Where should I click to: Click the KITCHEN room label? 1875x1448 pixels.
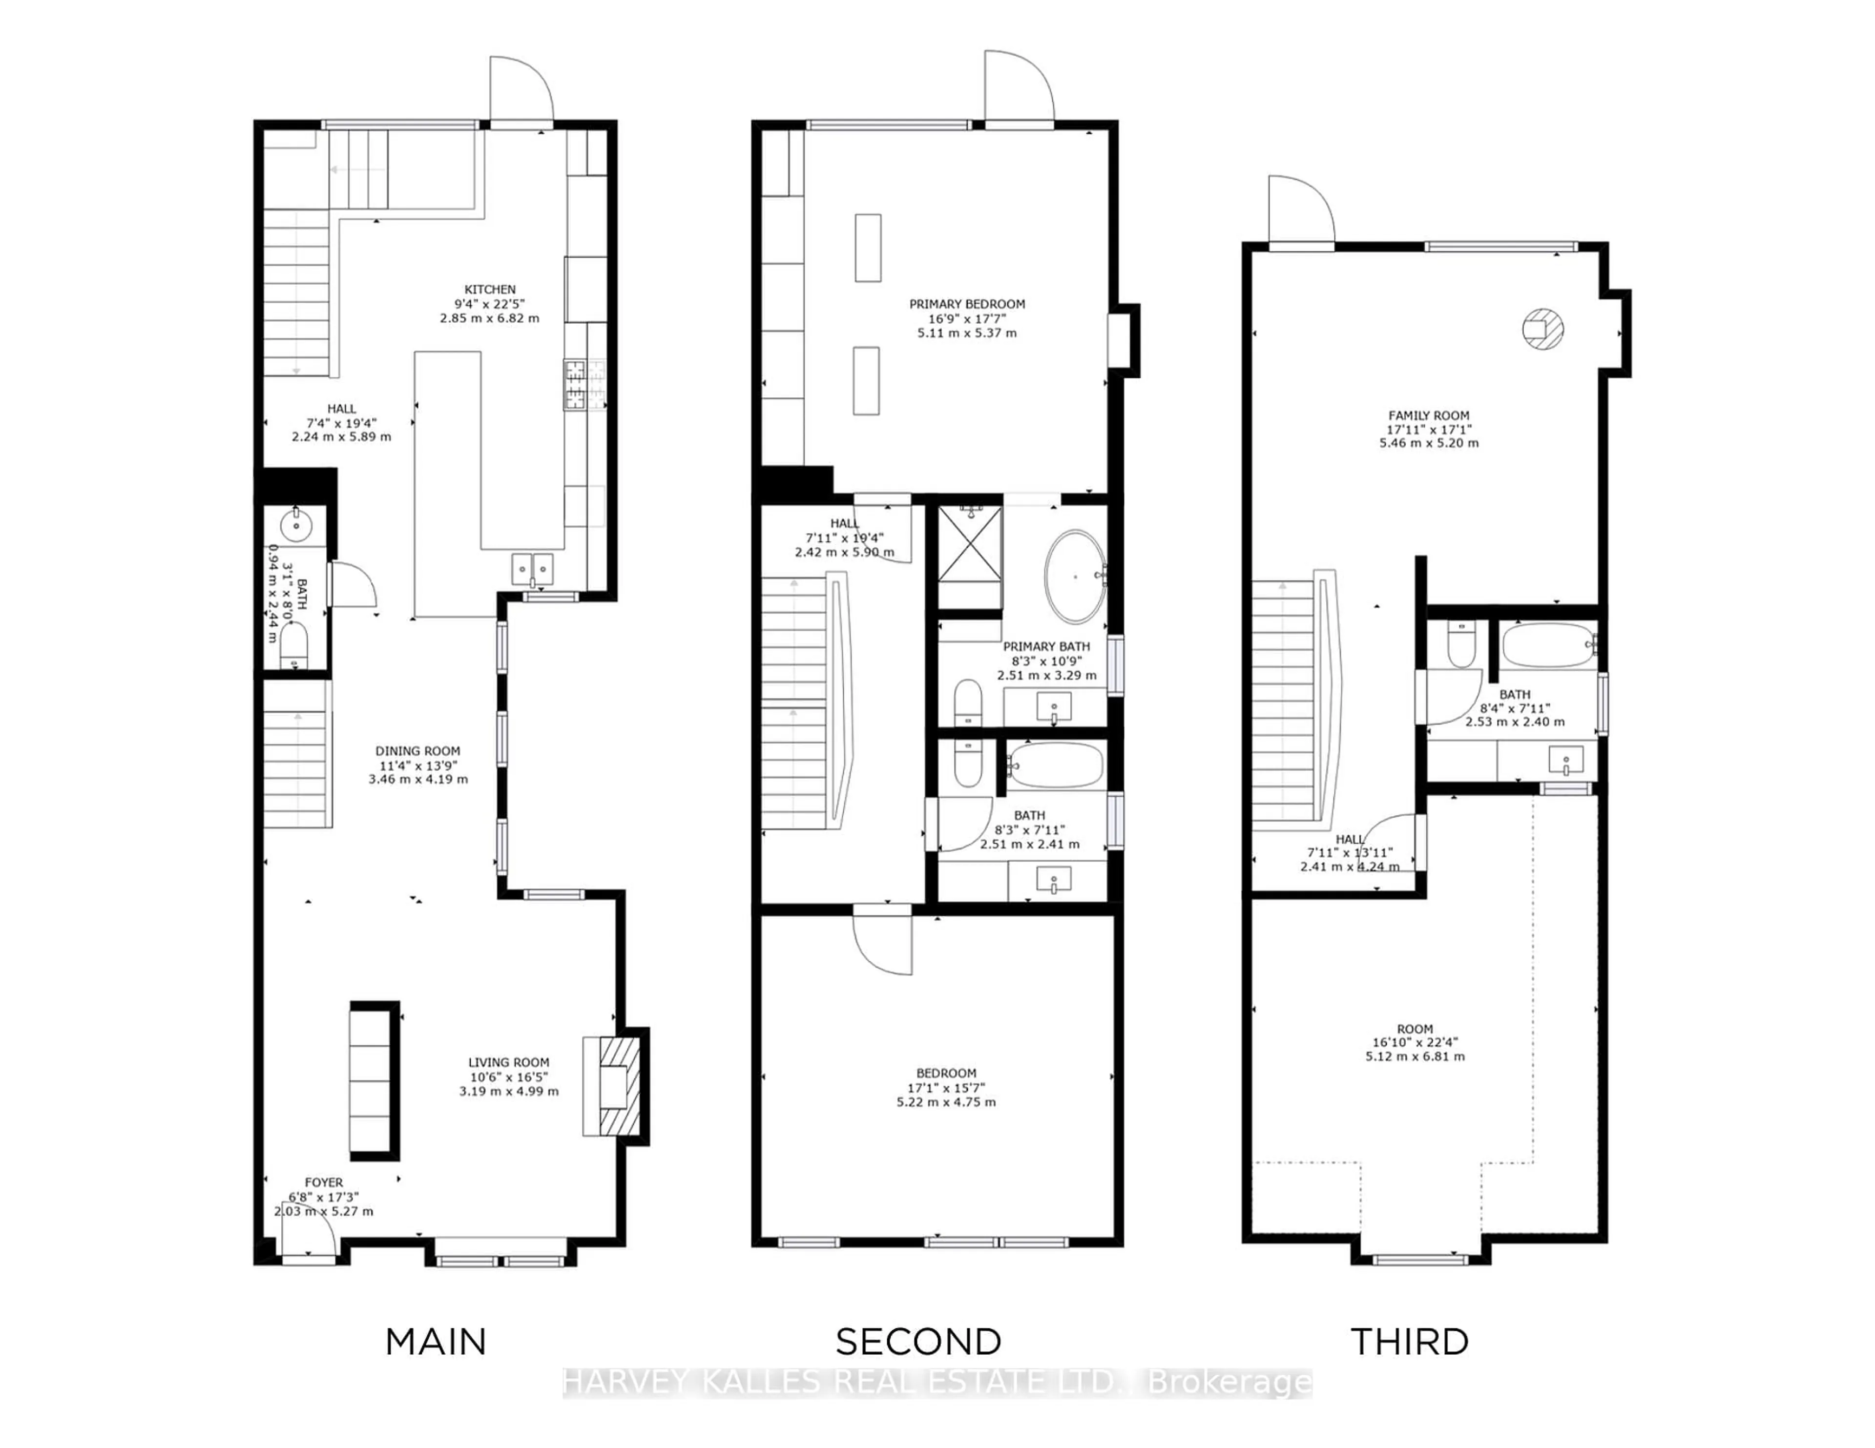coord(489,289)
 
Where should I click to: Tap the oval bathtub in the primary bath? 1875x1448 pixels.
coord(1074,577)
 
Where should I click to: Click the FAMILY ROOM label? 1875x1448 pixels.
coord(1429,415)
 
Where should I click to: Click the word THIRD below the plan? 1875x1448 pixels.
coord(1410,1342)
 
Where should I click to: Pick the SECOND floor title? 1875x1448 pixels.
coord(918,1342)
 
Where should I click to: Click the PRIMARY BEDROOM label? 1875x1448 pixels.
coord(967,304)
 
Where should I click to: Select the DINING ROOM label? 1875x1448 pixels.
coord(417,751)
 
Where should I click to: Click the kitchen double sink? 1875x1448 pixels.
coord(532,568)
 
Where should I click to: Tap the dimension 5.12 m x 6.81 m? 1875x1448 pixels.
coord(1415,1056)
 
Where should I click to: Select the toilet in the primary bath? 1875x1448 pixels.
coord(968,702)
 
